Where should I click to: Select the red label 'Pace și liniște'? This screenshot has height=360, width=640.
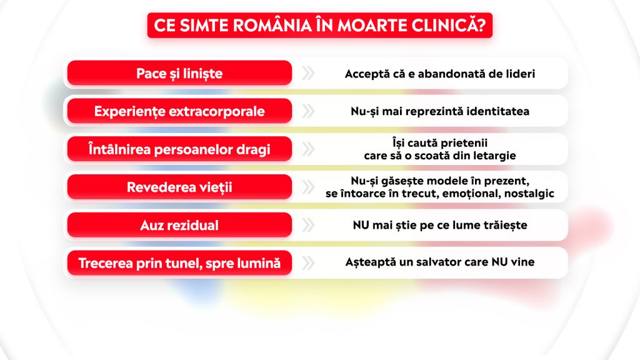(x=179, y=74)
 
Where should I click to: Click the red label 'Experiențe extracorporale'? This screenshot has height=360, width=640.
(x=179, y=111)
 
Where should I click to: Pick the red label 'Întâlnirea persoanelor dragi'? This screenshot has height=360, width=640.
(x=179, y=150)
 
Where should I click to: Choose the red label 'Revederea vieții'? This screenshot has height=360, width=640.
(x=179, y=187)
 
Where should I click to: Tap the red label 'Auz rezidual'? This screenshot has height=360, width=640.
(x=179, y=225)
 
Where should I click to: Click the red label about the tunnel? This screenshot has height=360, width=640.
(x=179, y=263)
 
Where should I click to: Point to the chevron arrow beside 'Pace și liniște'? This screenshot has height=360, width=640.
(x=307, y=74)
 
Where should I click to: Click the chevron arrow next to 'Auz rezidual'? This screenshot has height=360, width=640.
(x=307, y=225)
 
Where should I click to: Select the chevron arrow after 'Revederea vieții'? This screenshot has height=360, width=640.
(x=307, y=187)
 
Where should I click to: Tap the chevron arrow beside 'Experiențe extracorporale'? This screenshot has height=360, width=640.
(x=307, y=111)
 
